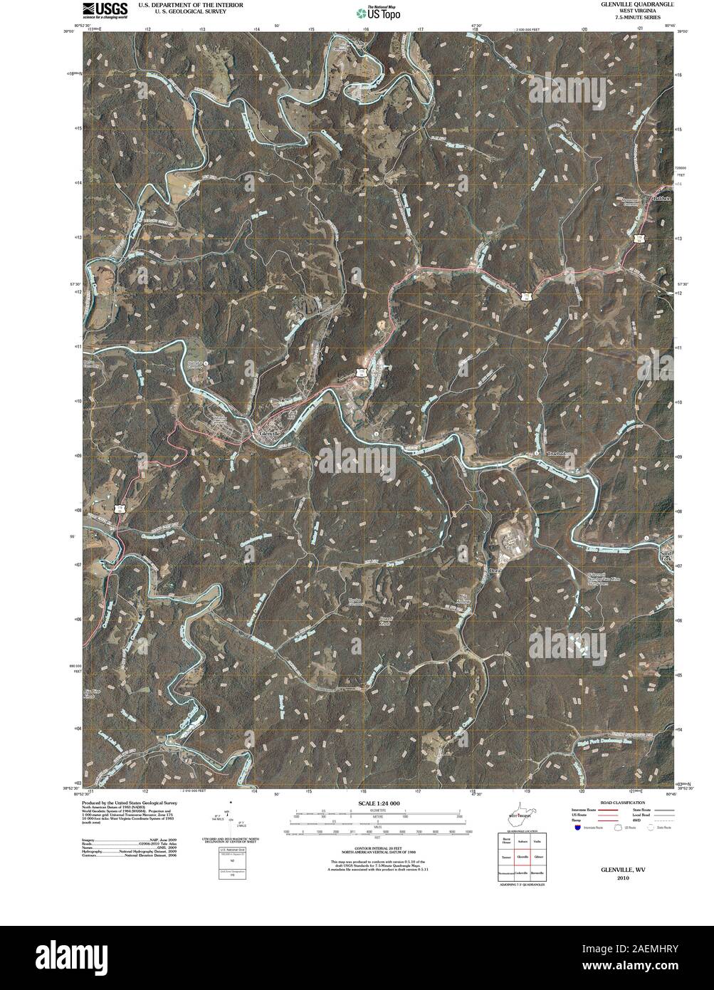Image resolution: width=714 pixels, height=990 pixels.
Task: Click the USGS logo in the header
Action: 105,10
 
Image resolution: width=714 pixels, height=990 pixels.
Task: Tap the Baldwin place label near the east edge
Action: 661,199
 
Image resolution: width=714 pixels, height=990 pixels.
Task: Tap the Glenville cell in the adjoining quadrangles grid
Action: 522,857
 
